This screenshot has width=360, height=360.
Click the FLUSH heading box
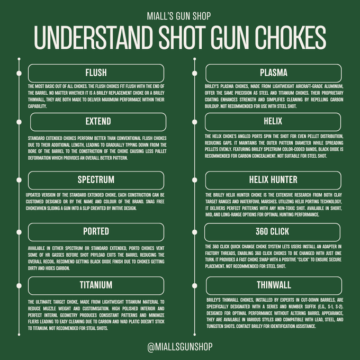(96, 73)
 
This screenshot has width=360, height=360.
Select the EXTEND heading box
(98, 121)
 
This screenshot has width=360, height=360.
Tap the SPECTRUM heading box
(96, 179)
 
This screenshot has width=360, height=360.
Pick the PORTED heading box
(96, 231)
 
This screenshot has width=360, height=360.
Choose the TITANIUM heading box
(96, 285)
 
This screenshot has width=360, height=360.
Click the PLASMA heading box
(274, 73)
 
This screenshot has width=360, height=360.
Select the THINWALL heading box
(274, 285)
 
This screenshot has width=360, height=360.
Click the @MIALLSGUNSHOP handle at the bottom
(180, 347)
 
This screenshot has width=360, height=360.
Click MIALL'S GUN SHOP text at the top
(180, 16)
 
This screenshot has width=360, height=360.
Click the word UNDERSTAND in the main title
(93, 38)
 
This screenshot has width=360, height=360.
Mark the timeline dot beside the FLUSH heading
(20, 73)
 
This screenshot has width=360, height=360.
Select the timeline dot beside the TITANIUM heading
(20, 285)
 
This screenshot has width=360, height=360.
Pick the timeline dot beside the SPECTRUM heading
(20, 179)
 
